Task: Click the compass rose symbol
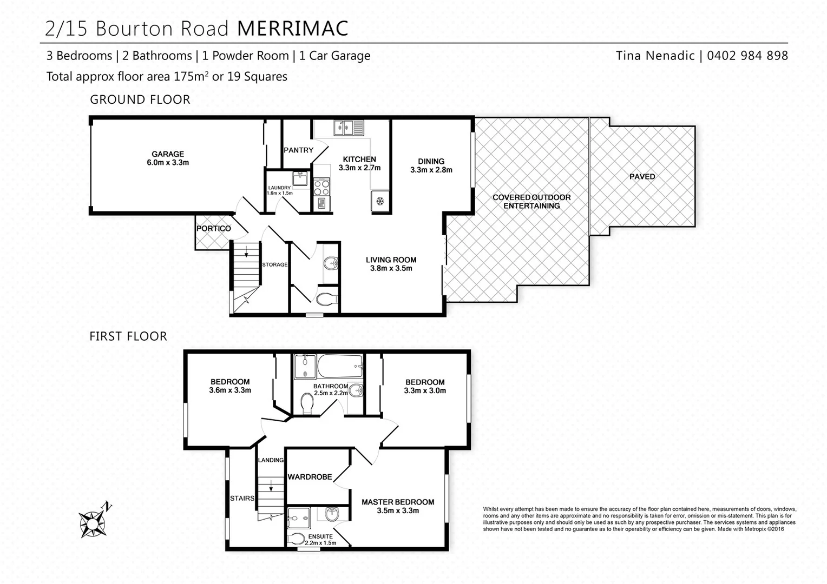point(93,523)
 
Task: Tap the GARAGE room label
point(167,154)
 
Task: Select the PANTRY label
point(298,150)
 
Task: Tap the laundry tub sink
point(300,178)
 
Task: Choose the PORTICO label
point(213,229)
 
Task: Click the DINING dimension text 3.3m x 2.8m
point(431,170)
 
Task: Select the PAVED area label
point(642,177)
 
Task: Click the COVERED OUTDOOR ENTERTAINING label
point(531,201)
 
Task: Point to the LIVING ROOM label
point(391,260)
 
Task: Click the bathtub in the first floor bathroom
point(340,367)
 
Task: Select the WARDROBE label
point(310,477)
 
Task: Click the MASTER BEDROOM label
point(397,502)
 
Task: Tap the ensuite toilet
point(297,539)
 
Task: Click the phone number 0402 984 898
point(747,56)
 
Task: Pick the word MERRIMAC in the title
point(292,29)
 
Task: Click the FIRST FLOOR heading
point(128,336)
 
